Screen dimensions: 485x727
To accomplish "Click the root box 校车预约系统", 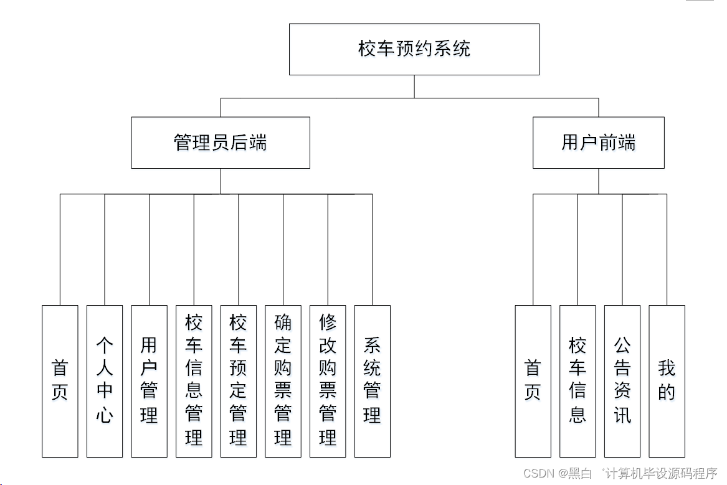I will pyautogui.click(x=414, y=49).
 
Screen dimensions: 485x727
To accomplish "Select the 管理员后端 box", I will pyautogui.click(x=221, y=143).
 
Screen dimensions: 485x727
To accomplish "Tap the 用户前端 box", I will pyautogui.click(x=598, y=143).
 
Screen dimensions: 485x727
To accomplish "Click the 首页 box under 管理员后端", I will pyautogui.click(x=60, y=381).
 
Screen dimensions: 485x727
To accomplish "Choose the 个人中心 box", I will pyautogui.click(x=105, y=381).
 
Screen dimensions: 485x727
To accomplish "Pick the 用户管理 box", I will pyautogui.click(x=149, y=381).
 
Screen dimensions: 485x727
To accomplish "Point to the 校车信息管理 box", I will pyautogui.click(x=194, y=381).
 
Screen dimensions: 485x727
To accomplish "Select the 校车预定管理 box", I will pyautogui.click(x=238, y=381).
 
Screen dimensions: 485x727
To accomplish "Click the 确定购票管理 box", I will pyautogui.click(x=283, y=381).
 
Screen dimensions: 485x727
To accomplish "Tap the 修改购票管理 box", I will pyautogui.click(x=328, y=381).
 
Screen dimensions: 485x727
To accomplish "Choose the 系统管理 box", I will pyautogui.click(x=372, y=381).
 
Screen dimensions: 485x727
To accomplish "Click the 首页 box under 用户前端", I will pyautogui.click(x=533, y=381).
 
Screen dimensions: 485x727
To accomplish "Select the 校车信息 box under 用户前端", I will pyautogui.click(x=577, y=381).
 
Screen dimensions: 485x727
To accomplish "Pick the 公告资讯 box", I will pyautogui.click(x=622, y=381).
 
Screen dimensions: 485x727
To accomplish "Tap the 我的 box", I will pyautogui.click(x=667, y=381).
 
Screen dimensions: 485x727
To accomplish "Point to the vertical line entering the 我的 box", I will pyautogui.click(x=667, y=249).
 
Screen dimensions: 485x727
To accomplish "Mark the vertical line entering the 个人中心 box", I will pyautogui.click(x=105, y=249).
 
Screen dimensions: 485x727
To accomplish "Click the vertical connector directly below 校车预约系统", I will pyautogui.click(x=414, y=87).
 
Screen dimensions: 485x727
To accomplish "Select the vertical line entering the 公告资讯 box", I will pyautogui.click(x=622, y=249).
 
